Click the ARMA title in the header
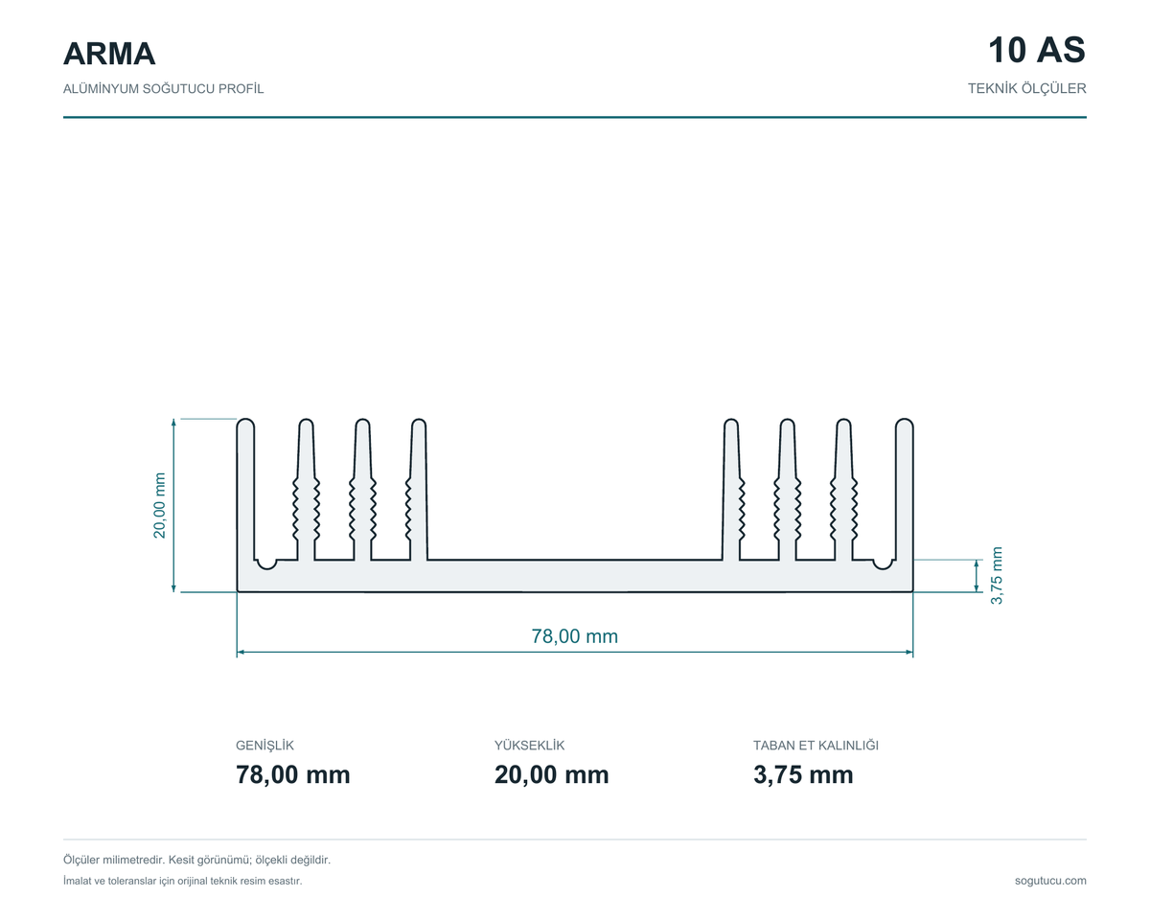pyautogui.click(x=109, y=54)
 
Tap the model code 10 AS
pyautogui.click(x=1037, y=51)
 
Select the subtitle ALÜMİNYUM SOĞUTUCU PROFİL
pyautogui.click(x=164, y=89)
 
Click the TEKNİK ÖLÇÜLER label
pyautogui.click(x=1027, y=89)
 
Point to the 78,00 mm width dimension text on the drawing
pyautogui.click(x=574, y=636)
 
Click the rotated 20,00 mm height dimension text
pyautogui.click(x=159, y=505)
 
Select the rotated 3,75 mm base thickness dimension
pyautogui.click(x=997, y=576)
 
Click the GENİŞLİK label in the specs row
pyautogui.click(x=264, y=746)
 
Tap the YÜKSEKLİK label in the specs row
pyautogui.click(x=529, y=746)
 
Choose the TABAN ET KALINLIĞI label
pyautogui.click(x=816, y=746)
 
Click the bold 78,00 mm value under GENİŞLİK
pyautogui.click(x=293, y=774)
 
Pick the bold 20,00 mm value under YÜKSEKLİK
pyautogui.click(x=551, y=774)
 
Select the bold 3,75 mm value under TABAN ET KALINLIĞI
pyautogui.click(x=803, y=774)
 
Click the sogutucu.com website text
pyautogui.click(x=1050, y=881)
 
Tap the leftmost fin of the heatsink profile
pyautogui.click(x=245, y=489)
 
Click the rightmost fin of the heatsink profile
pyautogui.click(x=904, y=489)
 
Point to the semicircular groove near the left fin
pyautogui.click(x=266, y=566)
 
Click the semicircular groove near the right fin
pyautogui.click(x=883, y=566)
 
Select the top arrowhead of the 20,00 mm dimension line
pyautogui.click(x=173, y=423)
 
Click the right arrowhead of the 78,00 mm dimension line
pyautogui.click(x=909, y=653)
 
